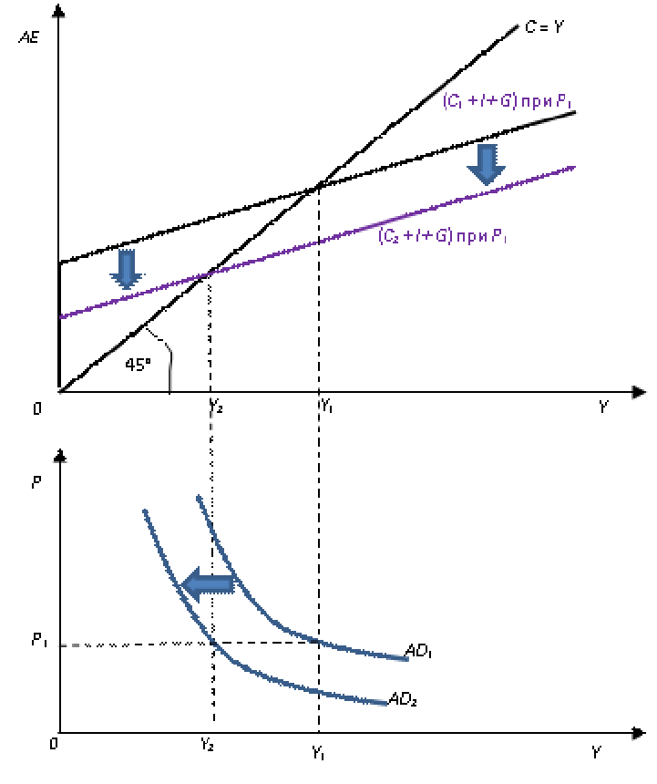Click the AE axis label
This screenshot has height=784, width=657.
click(28, 39)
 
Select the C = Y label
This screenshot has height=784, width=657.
click(545, 28)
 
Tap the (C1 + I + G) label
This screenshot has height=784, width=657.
click(507, 102)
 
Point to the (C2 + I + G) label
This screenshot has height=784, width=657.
click(443, 237)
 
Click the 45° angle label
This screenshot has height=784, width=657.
click(138, 366)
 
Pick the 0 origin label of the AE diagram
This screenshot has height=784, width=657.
click(37, 409)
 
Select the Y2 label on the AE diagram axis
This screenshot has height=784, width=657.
click(217, 406)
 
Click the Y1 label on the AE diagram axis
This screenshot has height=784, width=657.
click(327, 406)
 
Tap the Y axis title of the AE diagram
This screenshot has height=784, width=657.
click(603, 407)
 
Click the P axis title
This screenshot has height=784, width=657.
click(36, 483)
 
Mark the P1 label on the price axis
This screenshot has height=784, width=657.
click(39, 640)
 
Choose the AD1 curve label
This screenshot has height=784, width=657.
click(419, 652)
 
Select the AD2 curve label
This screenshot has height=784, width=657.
click(403, 700)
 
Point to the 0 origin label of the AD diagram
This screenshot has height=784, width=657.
click(54, 745)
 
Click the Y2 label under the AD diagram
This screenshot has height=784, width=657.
click(208, 745)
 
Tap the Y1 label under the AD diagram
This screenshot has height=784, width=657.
click(319, 754)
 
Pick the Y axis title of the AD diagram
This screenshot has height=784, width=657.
click(596, 753)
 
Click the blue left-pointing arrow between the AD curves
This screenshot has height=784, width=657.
click(207, 584)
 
